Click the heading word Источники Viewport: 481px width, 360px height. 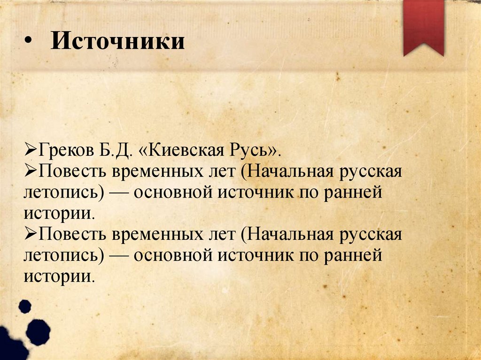[x=118, y=41]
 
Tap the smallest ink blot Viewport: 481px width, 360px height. [x=24, y=306]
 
